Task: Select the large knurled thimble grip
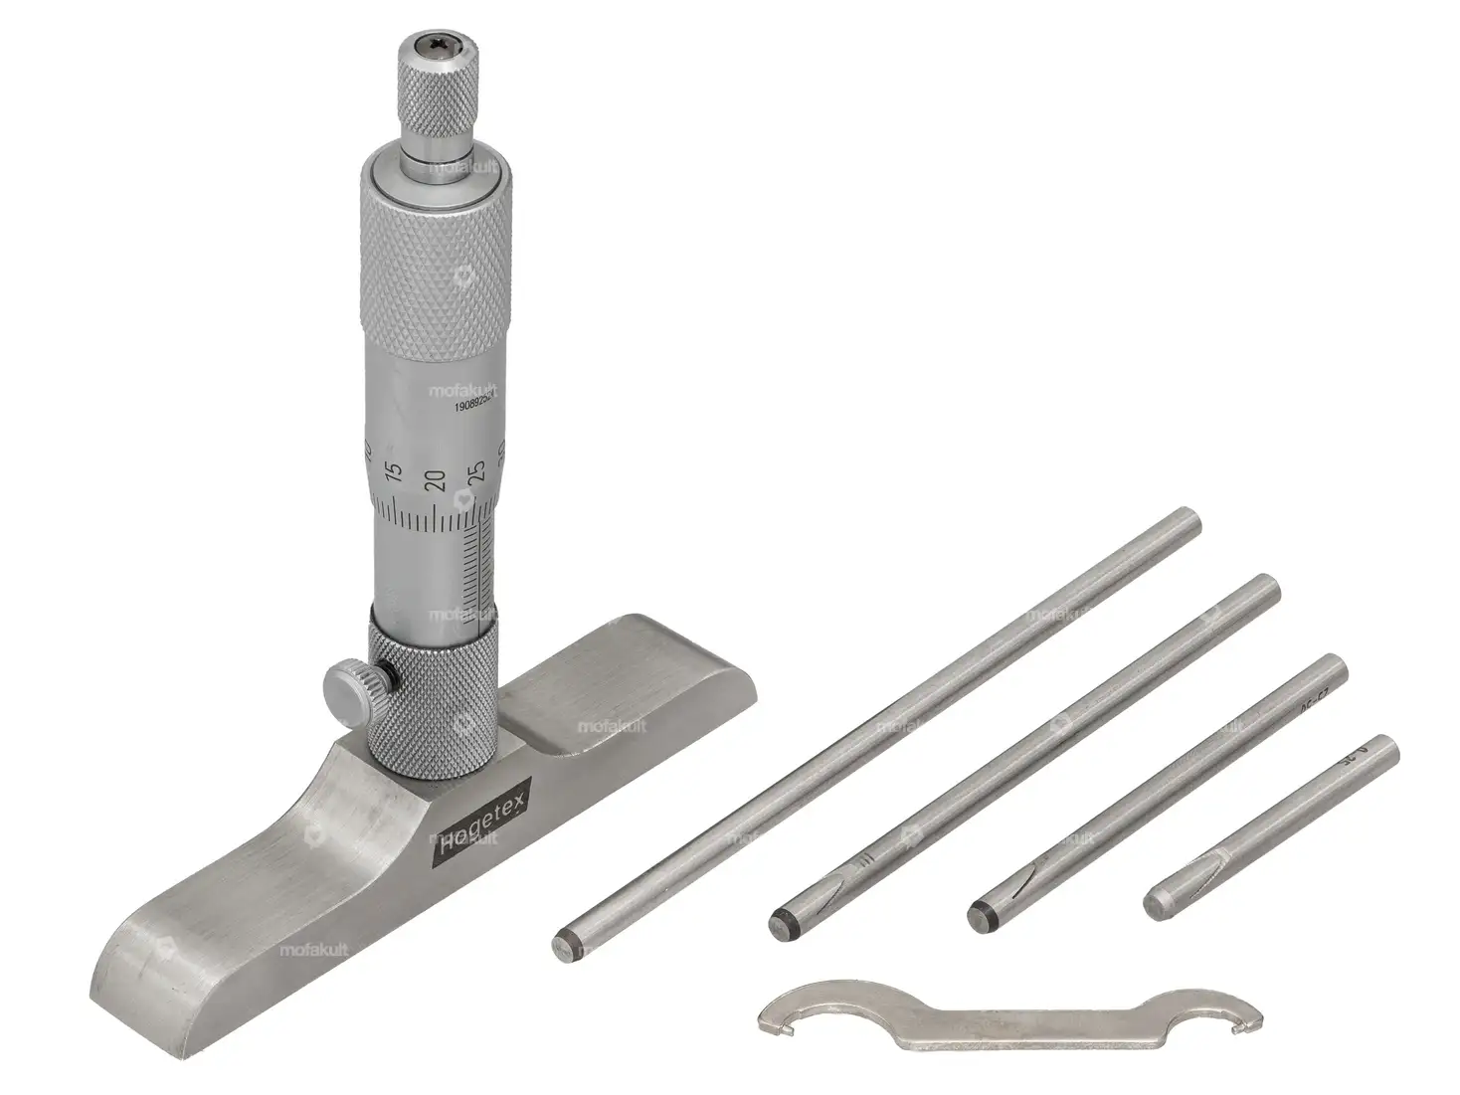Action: point(439,269)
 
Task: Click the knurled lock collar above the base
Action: point(436,686)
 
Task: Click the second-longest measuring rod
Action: point(1024,756)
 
